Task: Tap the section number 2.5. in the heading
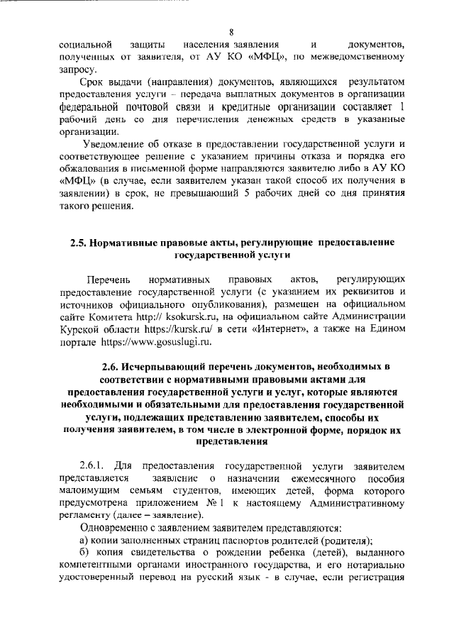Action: click(79, 243)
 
